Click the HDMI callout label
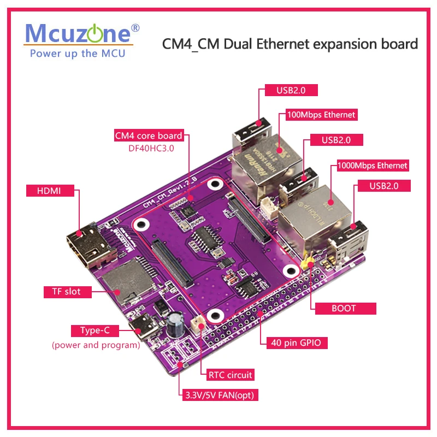click(x=49, y=191)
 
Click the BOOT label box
click(x=344, y=308)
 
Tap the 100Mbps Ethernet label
click(x=321, y=115)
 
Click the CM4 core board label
click(x=149, y=135)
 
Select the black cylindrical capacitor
click(x=175, y=323)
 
